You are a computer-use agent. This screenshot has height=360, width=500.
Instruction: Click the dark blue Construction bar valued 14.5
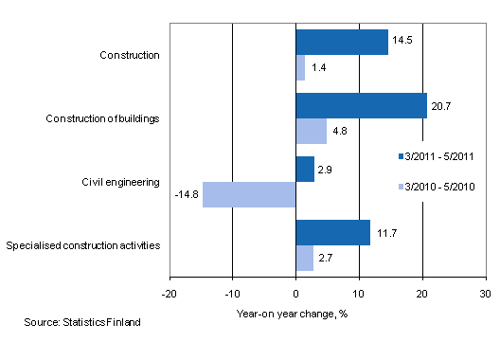(x=342, y=43)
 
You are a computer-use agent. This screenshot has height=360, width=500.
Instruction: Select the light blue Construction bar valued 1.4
(x=300, y=67)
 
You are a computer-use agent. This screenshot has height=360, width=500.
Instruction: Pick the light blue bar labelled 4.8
(x=311, y=131)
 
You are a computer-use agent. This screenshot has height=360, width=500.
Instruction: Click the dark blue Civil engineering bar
(x=305, y=169)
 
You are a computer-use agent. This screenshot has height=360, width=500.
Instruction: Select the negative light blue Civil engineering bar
(x=249, y=194)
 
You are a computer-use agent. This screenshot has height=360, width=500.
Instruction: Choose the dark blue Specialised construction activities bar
(x=332, y=233)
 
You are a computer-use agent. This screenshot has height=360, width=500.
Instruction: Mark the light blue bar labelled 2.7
(x=304, y=258)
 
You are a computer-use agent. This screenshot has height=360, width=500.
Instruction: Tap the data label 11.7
(x=385, y=233)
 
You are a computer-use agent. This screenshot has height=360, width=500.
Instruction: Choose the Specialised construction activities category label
(x=82, y=246)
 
